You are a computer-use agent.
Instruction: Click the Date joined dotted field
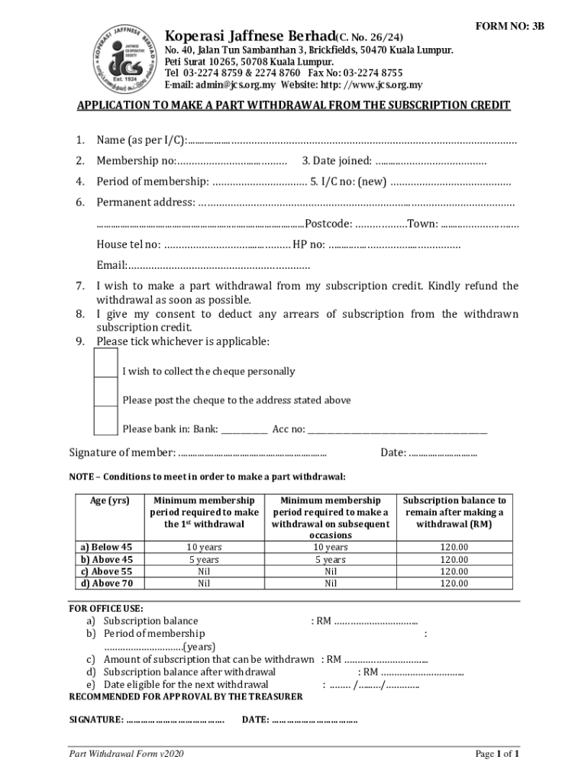(x=431, y=160)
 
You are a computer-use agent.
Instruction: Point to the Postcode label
(x=328, y=224)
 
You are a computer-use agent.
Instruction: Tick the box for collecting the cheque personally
(x=105, y=363)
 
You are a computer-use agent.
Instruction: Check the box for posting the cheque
(x=105, y=392)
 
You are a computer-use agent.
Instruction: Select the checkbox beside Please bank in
(x=105, y=421)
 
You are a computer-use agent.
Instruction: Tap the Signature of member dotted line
(x=252, y=454)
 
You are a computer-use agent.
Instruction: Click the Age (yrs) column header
(x=111, y=501)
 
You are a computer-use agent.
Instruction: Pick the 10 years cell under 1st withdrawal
(x=204, y=547)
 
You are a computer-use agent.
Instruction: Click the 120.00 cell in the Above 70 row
(x=454, y=583)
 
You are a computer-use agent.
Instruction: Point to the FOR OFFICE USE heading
(x=106, y=609)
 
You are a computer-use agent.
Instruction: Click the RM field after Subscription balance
(x=377, y=622)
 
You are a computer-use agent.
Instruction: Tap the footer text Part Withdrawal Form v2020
(x=126, y=755)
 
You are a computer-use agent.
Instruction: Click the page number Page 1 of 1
(x=498, y=755)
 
